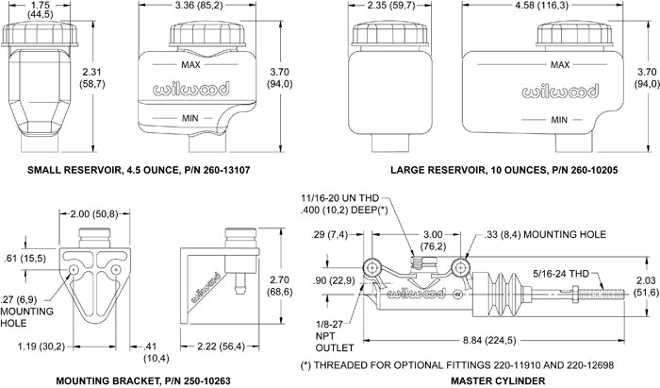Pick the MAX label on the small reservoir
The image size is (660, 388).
[x=190, y=64]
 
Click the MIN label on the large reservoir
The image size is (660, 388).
[x=559, y=120]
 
